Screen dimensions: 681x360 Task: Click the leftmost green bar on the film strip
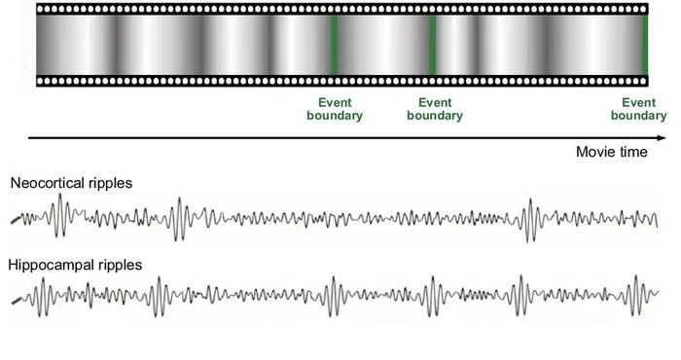click(x=334, y=45)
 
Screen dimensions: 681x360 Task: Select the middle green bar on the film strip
click(x=433, y=45)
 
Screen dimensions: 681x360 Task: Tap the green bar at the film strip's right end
click(x=645, y=45)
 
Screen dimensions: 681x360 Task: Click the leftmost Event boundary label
click(x=335, y=109)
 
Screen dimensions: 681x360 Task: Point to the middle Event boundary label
click(x=435, y=109)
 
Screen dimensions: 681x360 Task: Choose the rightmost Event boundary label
click(x=638, y=109)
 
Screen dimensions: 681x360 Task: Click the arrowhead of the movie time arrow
click(x=662, y=138)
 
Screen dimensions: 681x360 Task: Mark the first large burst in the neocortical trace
click(x=60, y=215)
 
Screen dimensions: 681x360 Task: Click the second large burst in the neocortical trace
click(x=178, y=219)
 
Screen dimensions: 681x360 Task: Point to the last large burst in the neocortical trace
click(x=530, y=220)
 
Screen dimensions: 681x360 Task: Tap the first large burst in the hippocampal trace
click(x=42, y=297)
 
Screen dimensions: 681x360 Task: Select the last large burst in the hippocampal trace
click(x=636, y=295)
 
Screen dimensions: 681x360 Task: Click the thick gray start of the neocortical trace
click(x=17, y=220)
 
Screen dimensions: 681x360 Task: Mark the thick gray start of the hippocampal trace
click(x=17, y=301)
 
